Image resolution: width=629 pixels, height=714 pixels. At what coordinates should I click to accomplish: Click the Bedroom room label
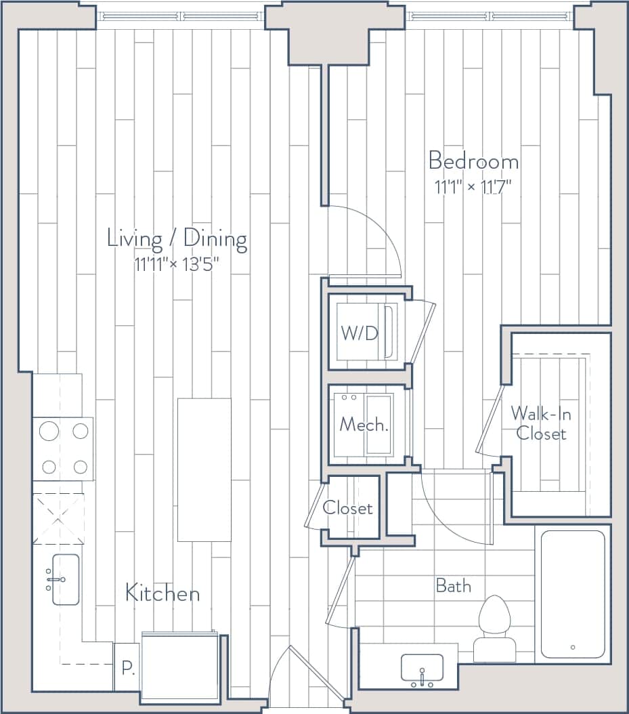click(x=473, y=162)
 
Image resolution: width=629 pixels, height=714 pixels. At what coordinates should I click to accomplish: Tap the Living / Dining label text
click(x=177, y=238)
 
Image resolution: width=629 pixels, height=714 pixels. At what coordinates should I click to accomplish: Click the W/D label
click(x=358, y=333)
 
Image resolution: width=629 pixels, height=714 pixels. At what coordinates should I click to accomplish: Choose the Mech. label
click(x=364, y=425)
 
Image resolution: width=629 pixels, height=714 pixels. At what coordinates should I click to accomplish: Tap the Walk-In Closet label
click(x=540, y=423)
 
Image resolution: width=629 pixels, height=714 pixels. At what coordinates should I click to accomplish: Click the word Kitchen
click(x=162, y=593)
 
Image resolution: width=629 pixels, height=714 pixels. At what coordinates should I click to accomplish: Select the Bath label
click(x=453, y=585)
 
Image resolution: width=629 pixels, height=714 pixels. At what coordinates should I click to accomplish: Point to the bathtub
click(x=573, y=593)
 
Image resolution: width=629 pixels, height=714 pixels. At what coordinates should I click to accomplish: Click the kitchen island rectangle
click(x=204, y=469)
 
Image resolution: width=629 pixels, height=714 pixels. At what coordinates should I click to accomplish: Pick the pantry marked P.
click(x=127, y=668)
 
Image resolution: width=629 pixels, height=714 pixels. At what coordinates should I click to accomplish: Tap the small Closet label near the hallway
click(x=348, y=508)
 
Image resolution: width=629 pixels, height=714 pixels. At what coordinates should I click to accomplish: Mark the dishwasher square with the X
click(x=58, y=519)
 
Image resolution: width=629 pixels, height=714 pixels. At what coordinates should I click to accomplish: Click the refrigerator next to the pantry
click(x=180, y=667)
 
